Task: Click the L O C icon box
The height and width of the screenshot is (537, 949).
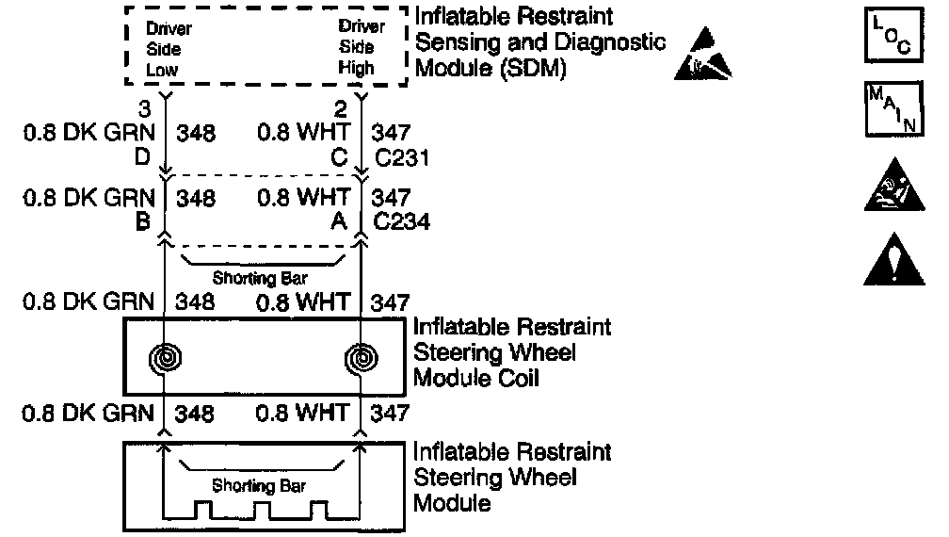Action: (x=885, y=38)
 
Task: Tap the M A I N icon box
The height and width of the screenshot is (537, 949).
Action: (x=885, y=110)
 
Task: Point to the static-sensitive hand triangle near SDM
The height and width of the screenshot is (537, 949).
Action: (x=704, y=55)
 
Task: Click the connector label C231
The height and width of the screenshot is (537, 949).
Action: (x=402, y=157)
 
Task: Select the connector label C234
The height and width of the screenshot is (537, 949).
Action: (x=402, y=223)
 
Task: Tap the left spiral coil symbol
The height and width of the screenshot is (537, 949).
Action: (x=165, y=358)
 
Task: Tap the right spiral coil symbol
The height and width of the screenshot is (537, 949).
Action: (x=362, y=358)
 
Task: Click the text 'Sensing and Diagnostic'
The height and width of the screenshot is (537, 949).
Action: (x=540, y=42)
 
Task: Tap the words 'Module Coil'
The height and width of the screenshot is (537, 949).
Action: (x=479, y=380)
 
